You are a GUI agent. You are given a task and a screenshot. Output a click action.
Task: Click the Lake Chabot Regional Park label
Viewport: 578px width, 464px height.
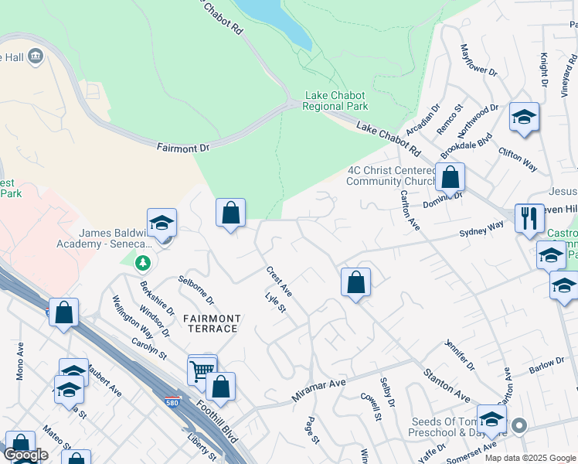[336, 101]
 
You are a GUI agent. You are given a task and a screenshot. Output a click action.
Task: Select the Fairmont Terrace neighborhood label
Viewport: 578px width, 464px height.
[210, 323]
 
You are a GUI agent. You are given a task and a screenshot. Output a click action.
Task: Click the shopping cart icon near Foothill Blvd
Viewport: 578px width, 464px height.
[202, 370]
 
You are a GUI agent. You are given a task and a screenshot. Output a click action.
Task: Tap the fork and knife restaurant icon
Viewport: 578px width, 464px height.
[529, 218]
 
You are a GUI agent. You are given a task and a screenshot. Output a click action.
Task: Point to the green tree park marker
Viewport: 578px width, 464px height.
[142, 264]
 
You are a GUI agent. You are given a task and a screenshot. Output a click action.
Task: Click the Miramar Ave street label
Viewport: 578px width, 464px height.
[318, 391]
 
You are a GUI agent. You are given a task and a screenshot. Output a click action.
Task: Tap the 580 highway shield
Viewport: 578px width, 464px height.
[174, 401]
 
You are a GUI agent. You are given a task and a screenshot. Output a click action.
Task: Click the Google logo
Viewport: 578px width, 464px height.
[25, 455]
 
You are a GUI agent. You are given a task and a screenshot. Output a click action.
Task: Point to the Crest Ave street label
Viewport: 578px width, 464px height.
[279, 281]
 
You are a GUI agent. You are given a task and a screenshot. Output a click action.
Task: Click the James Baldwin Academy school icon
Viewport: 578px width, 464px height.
[162, 223]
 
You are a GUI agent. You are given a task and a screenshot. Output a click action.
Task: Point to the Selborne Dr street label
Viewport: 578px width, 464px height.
[195, 288]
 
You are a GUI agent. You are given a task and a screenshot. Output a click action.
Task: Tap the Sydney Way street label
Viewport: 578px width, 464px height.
[481, 230]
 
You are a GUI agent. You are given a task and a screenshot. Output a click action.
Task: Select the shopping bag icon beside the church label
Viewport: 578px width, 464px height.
[450, 178]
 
